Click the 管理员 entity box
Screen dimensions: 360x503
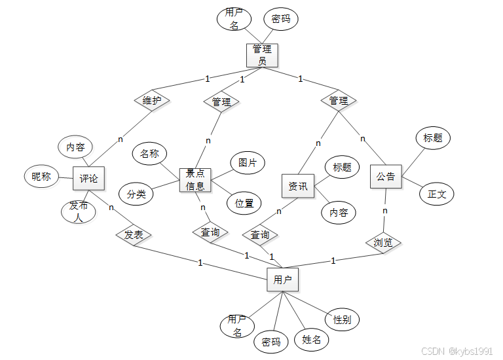263,55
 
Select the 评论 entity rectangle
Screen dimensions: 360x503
89,179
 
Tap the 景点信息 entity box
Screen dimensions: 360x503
195,180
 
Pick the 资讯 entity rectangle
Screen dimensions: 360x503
298,187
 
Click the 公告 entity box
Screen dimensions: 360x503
386,177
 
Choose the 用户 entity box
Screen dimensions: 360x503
283,280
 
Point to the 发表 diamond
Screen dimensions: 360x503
134,235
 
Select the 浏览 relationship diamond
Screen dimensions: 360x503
383,242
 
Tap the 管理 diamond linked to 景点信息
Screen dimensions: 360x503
221,102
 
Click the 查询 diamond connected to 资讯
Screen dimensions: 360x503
260,234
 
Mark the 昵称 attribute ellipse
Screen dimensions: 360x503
41,176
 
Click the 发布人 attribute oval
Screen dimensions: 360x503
78,211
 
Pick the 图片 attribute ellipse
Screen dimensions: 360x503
248,162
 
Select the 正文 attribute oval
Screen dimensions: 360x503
437,194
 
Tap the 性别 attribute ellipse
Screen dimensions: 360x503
342,319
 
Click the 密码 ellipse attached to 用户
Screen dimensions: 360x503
271,341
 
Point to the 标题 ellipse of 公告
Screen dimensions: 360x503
433,138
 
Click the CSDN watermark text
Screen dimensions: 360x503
457,351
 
